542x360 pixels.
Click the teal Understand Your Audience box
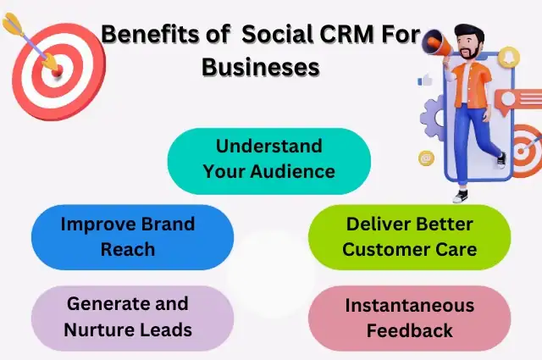268,159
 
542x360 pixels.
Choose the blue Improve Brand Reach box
132,237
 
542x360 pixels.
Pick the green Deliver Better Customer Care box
409,237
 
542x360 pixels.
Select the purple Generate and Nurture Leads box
132,317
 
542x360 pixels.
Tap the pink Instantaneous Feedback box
409,317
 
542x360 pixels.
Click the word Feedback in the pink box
409,330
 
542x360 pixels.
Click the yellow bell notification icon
510,58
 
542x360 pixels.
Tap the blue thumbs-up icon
425,80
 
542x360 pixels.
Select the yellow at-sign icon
426,158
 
